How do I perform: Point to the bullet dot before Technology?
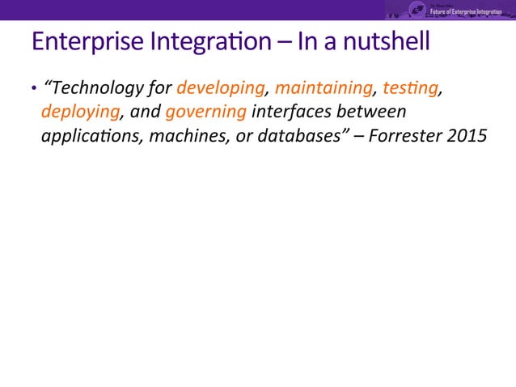click(34, 88)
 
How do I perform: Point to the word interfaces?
click(293, 111)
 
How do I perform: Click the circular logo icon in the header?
click(418, 9)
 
